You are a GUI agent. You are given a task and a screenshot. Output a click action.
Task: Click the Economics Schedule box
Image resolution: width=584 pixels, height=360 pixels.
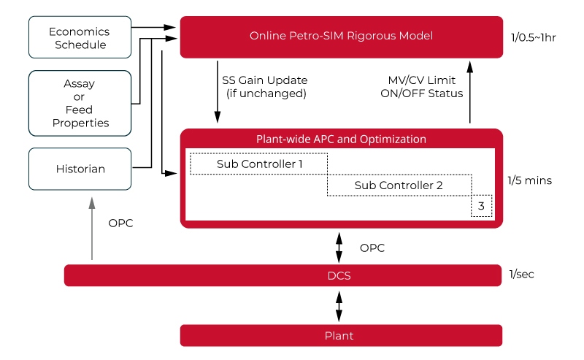pyautogui.click(x=80, y=38)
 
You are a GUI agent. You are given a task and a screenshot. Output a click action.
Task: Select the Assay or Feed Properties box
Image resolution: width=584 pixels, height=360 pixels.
pyautogui.click(x=80, y=104)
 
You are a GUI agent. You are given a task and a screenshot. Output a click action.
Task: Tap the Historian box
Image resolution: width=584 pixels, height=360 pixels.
pyautogui.click(x=80, y=169)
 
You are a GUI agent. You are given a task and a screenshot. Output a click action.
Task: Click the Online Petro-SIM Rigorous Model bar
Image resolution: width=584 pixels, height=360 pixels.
pyautogui.click(x=341, y=36)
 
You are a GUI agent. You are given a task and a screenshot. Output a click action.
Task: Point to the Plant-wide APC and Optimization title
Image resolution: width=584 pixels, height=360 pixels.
pyautogui.click(x=341, y=139)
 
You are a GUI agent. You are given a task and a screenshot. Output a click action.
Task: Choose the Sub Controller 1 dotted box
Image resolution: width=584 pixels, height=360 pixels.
pyautogui.click(x=259, y=164)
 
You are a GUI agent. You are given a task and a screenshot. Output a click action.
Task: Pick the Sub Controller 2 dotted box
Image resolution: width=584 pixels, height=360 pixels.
pyautogui.click(x=399, y=185)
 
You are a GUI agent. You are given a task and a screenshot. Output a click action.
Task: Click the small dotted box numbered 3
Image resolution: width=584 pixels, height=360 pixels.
pyautogui.click(x=481, y=207)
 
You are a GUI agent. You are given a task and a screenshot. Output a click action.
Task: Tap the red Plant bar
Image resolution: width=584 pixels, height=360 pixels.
pyautogui.click(x=341, y=336)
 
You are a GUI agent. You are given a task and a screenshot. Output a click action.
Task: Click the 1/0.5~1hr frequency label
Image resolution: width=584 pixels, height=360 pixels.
pyautogui.click(x=534, y=37)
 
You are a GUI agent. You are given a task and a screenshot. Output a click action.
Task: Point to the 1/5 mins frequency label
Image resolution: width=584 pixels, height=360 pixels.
pyautogui.click(x=529, y=180)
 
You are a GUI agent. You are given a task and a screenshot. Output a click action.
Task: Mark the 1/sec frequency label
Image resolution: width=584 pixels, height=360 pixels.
pyautogui.click(x=523, y=275)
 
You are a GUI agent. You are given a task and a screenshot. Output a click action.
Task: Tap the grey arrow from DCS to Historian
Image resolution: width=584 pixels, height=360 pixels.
pyautogui.click(x=92, y=230)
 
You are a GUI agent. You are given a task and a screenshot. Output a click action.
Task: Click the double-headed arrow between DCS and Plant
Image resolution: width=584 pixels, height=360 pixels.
pyautogui.click(x=339, y=306)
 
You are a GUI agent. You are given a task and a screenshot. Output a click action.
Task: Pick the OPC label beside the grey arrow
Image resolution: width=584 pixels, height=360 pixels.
pyautogui.click(x=120, y=223)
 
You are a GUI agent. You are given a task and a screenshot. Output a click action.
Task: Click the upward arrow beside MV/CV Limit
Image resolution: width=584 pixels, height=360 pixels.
pyautogui.click(x=469, y=91)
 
